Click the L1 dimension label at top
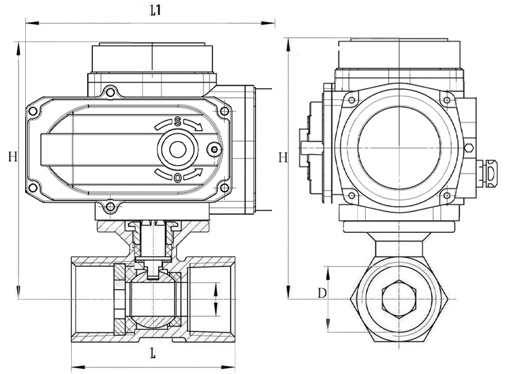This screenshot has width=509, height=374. pyautogui.click(x=155, y=10)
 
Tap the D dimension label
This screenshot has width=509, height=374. pyautogui.click(x=321, y=294)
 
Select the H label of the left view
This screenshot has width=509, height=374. pyautogui.click(x=12, y=156)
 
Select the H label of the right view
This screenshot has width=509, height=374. pyautogui.click(x=282, y=157)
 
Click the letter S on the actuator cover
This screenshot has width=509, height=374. pyautogui.click(x=178, y=122)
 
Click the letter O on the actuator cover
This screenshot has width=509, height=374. pyautogui.click(x=178, y=176)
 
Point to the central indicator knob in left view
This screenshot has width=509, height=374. pyautogui.click(x=177, y=150)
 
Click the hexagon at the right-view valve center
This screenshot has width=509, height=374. pyautogui.click(x=399, y=299)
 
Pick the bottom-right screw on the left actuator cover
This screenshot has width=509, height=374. pyautogui.click(x=224, y=188)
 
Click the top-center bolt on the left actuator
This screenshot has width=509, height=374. pyautogui.click(x=110, y=93)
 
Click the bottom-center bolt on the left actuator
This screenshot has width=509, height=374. pyautogui.click(x=110, y=207)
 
